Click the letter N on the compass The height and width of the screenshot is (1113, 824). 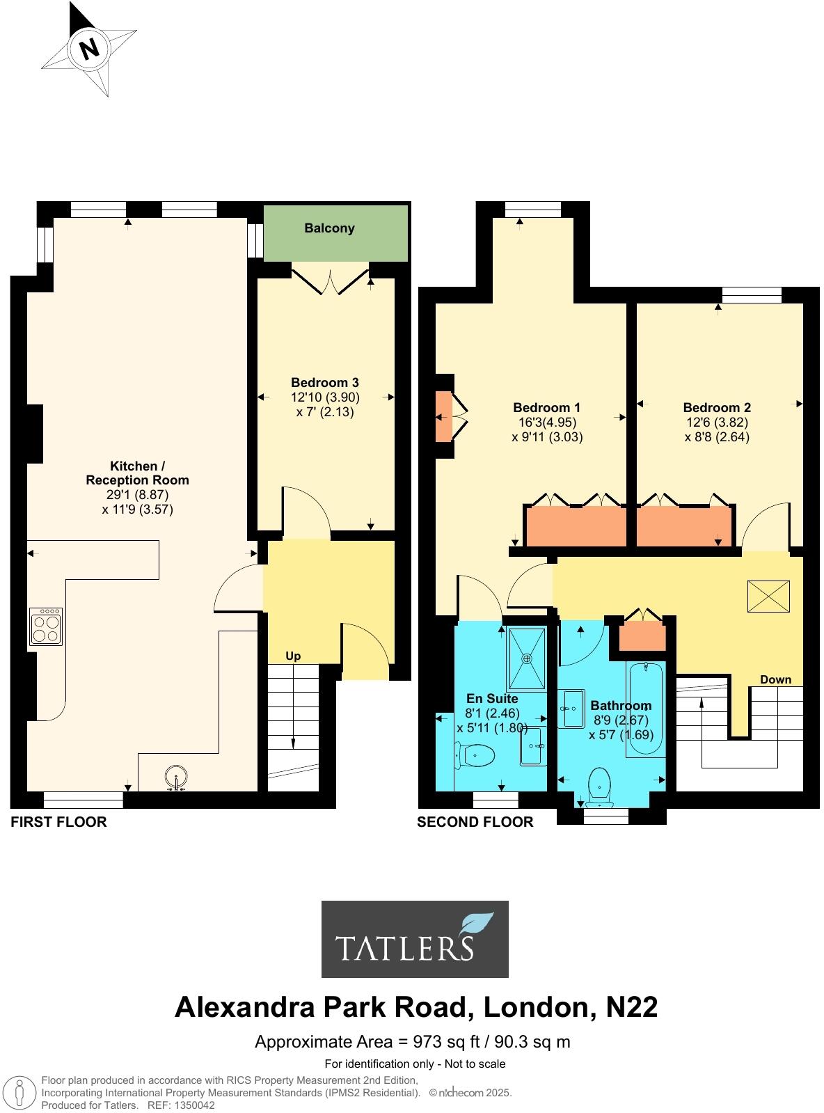89,49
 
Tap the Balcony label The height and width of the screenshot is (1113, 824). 329,228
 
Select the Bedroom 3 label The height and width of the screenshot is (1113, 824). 325,382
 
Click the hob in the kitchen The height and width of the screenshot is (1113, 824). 47,626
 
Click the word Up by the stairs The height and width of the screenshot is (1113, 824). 293,656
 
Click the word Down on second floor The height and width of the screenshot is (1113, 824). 775,679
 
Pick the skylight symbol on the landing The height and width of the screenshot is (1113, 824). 769,597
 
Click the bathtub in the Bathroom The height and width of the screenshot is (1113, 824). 647,710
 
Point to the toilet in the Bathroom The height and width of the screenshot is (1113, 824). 599,785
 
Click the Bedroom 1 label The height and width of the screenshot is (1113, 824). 546,408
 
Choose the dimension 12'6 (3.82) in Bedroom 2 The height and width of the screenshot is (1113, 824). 716,423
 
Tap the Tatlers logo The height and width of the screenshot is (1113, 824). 415,939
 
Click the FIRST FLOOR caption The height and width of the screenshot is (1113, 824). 59,822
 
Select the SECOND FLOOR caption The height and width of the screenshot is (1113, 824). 475,822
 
